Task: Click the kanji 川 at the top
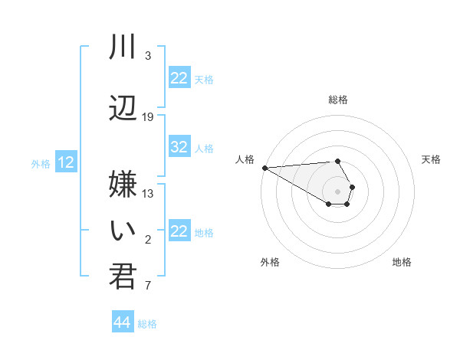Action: pyautogui.click(x=122, y=47)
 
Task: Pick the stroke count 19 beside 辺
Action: pyautogui.click(x=148, y=117)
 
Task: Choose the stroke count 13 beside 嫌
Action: pyautogui.click(x=148, y=193)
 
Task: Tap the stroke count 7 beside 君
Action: pyautogui.click(x=148, y=286)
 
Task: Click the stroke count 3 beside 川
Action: pyautogui.click(x=148, y=56)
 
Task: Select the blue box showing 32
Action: pyautogui.click(x=179, y=148)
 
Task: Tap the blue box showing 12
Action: pyautogui.click(x=66, y=162)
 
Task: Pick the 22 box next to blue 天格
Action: pyautogui.click(x=179, y=78)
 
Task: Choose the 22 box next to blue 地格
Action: pyautogui.click(x=179, y=231)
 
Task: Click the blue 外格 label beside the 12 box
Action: pyautogui.click(x=41, y=163)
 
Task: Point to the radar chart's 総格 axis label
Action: pyautogui.click(x=338, y=100)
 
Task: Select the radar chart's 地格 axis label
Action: pyautogui.click(x=402, y=262)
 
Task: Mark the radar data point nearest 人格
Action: pyautogui.click(x=264, y=168)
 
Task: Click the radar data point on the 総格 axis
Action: pyautogui.click(x=337, y=161)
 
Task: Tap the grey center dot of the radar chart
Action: pyautogui.click(x=337, y=191)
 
